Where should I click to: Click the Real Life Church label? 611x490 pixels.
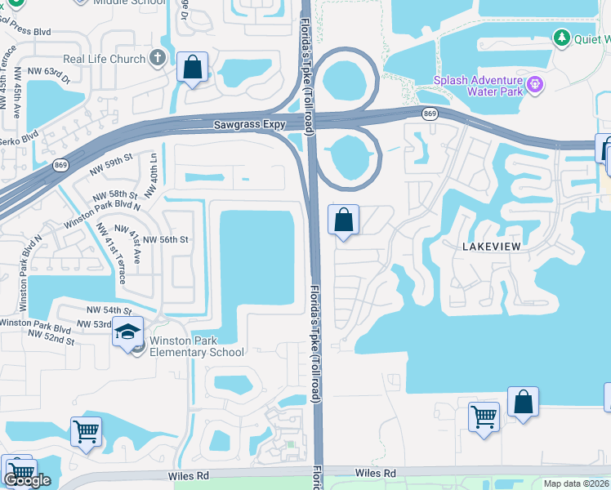[x=105, y=60]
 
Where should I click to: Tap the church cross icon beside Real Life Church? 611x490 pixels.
[x=158, y=59]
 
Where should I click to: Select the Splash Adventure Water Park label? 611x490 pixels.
[x=478, y=85]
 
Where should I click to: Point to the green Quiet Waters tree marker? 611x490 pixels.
[x=561, y=37]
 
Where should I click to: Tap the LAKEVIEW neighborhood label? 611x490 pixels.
[x=491, y=246]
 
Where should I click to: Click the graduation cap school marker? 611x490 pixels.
[x=128, y=332]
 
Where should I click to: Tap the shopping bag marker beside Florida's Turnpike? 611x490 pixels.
[x=344, y=220]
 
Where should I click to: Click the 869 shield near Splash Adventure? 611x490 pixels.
[x=430, y=114]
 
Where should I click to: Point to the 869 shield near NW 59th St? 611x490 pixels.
[x=61, y=165]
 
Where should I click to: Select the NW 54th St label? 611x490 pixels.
[x=109, y=311]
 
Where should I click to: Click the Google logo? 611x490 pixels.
[x=28, y=480]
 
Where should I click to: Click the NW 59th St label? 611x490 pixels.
[x=112, y=162]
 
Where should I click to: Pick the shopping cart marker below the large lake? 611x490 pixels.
[x=484, y=416]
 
